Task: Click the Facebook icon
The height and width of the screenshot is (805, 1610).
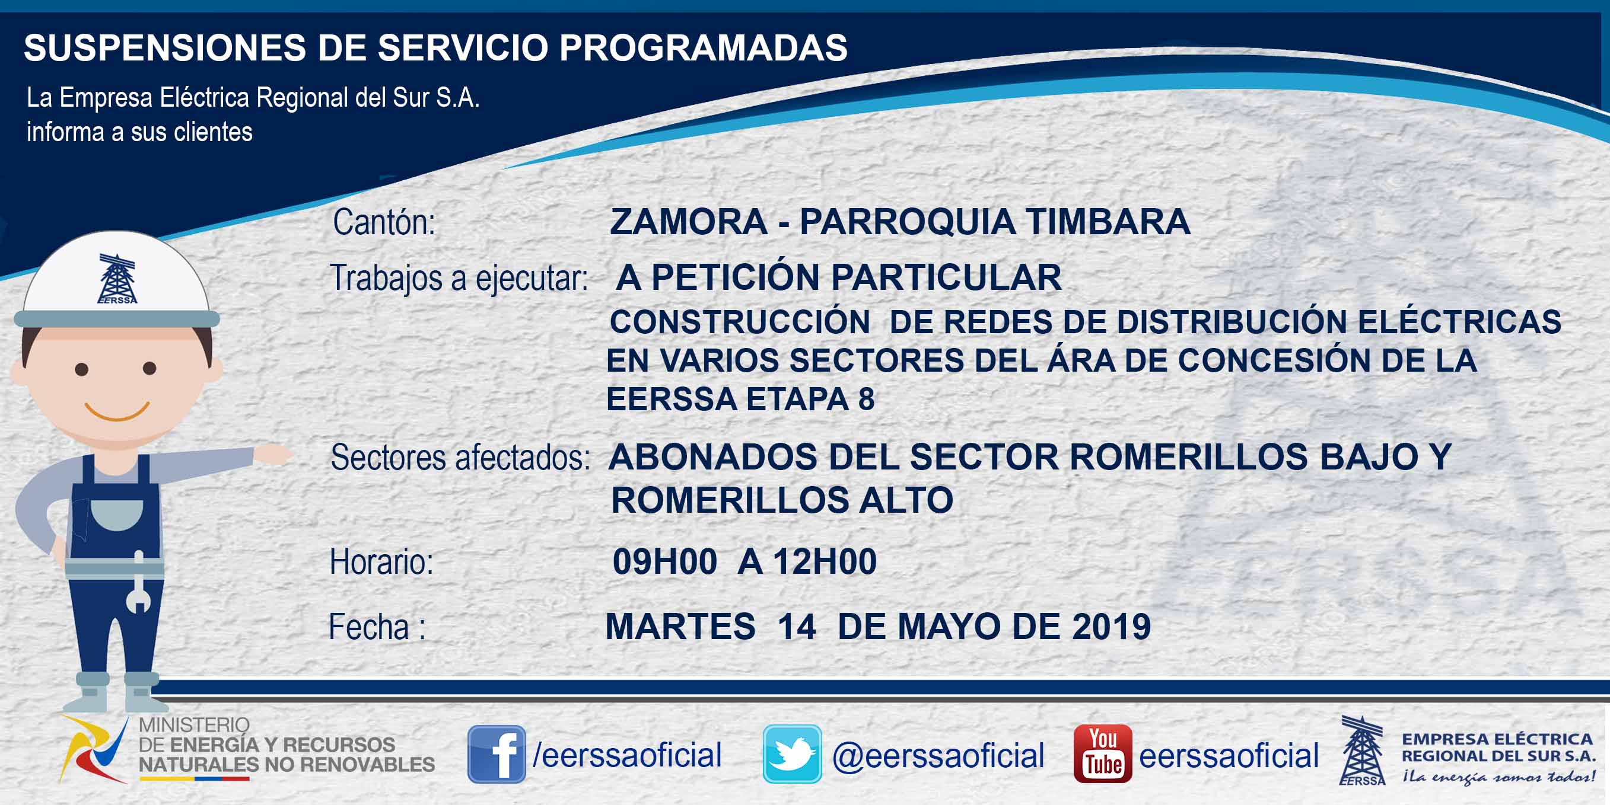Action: [x=497, y=754]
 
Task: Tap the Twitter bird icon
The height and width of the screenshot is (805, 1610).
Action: [x=792, y=754]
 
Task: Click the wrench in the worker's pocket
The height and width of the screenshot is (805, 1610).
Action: [x=138, y=582]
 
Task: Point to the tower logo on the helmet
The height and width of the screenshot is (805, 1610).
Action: [x=117, y=279]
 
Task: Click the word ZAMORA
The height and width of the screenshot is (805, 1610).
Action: [x=688, y=222]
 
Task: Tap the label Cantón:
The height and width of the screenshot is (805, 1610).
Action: [x=384, y=222]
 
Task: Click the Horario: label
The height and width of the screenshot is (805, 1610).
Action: [x=381, y=561]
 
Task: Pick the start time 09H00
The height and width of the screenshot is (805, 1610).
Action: [x=664, y=561]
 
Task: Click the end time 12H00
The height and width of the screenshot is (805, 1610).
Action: [x=825, y=561]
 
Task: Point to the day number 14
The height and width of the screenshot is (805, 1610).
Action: [x=797, y=627]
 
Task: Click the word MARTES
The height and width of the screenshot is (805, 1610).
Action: [x=680, y=627]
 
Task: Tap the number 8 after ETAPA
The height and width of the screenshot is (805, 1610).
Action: [x=866, y=399]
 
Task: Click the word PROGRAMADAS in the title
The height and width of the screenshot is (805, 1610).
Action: [x=703, y=47]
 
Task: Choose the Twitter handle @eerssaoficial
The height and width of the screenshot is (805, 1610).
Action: [x=938, y=756]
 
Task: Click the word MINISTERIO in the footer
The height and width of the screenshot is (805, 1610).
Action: [x=194, y=724]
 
